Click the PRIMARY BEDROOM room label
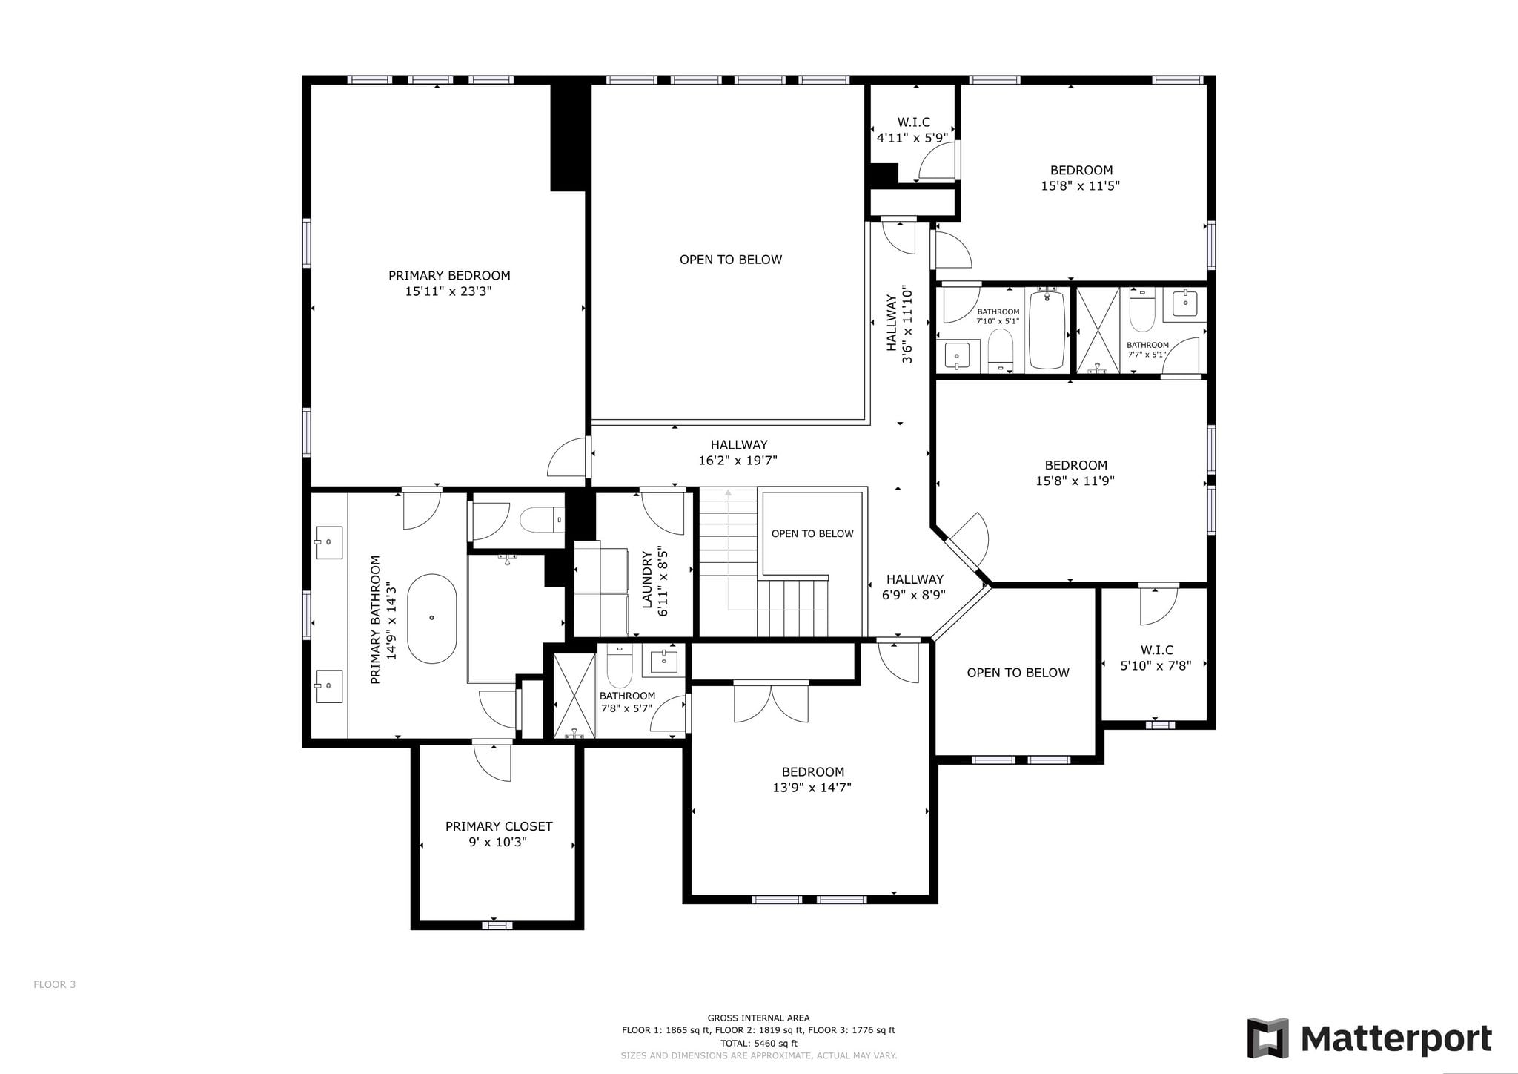pyautogui.click(x=449, y=276)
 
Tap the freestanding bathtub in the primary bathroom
pyautogui.click(x=432, y=618)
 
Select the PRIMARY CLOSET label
pyautogui.click(x=499, y=826)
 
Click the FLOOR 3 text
pyautogui.click(x=55, y=985)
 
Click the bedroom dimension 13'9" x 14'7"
pyautogui.click(x=812, y=788)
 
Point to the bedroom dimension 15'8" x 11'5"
pyautogui.click(x=1081, y=185)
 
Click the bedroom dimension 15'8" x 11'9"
pyautogui.click(x=1075, y=481)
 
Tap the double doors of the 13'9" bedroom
pyautogui.click(x=771, y=702)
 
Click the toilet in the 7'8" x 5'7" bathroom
pyautogui.click(x=619, y=667)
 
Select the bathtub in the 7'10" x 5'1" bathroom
pyautogui.click(x=1047, y=330)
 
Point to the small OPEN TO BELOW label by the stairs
pyautogui.click(x=812, y=534)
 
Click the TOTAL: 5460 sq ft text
pyautogui.click(x=758, y=1043)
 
